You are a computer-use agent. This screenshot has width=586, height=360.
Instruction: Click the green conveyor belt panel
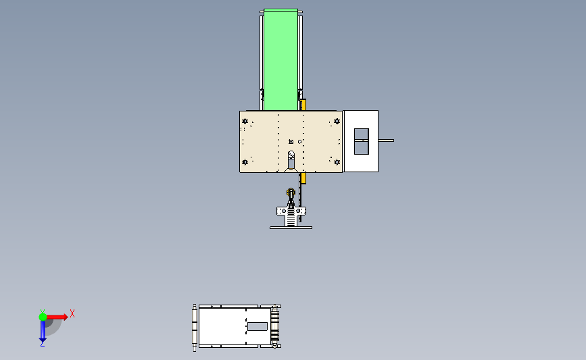pyautogui.click(x=280, y=59)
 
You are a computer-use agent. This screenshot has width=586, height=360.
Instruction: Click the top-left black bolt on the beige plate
pyautogui.click(x=245, y=122)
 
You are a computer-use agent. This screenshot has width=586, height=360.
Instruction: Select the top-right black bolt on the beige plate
pyautogui.click(x=337, y=122)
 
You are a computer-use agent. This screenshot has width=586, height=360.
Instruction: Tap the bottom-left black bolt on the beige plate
pyautogui.click(x=245, y=162)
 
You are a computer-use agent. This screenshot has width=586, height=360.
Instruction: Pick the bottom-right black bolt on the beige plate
pyautogui.click(x=337, y=162)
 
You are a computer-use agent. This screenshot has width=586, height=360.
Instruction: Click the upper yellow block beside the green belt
pyautogui.click(x=303, y=105)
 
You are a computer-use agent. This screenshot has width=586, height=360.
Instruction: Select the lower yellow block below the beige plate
pyautogui.click(x=303, y=178)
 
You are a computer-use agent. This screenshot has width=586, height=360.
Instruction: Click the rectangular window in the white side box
pyautogui.click(x=362, y=142)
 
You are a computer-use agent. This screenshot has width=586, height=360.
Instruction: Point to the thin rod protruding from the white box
pyautogui.click(x=386, y=140)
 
